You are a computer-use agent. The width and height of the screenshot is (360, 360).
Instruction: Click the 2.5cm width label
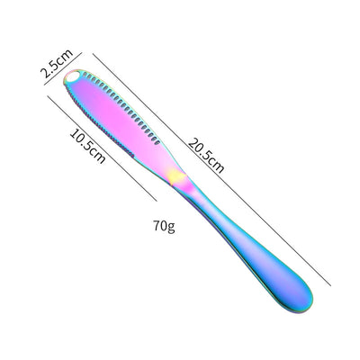tap(57, 63)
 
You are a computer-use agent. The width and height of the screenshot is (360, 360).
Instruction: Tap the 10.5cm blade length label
tap(87, 146)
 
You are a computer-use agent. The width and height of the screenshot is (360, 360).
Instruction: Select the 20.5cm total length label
tap(206, 156)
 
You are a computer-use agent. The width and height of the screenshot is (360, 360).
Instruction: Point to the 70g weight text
tap(164, 226)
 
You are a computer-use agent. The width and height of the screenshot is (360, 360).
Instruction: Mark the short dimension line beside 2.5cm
tap(63, 68)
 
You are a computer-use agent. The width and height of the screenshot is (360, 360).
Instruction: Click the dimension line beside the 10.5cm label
tap(102, 148)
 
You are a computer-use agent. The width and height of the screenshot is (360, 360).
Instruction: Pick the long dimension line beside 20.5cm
tap(211, 169)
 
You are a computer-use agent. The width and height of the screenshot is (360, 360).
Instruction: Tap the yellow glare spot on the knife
tap(176, 177)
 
